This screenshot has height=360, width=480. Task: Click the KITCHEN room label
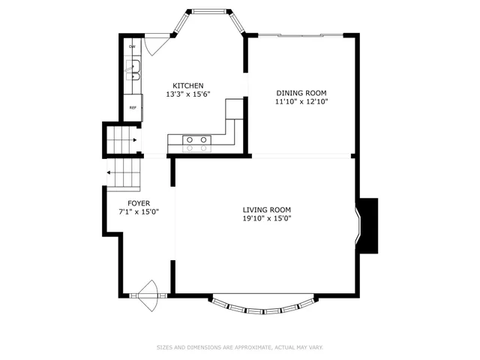point(187,85)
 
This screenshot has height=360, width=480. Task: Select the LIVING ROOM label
point(266,210)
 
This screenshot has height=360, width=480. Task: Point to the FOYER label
point(138,203)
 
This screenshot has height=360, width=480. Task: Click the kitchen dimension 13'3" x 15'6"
point(187,94)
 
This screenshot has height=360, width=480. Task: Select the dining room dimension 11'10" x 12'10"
point(301,101)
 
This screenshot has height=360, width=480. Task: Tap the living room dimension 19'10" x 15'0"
point(266,219)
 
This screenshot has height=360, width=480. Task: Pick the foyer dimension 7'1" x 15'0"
point(138,212)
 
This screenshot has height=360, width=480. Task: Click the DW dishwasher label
point(132,46)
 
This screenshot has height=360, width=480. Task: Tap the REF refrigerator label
point(133,107)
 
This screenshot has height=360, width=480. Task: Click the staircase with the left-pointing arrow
point(123,173)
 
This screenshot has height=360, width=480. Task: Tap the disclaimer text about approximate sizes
point(239,347)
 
